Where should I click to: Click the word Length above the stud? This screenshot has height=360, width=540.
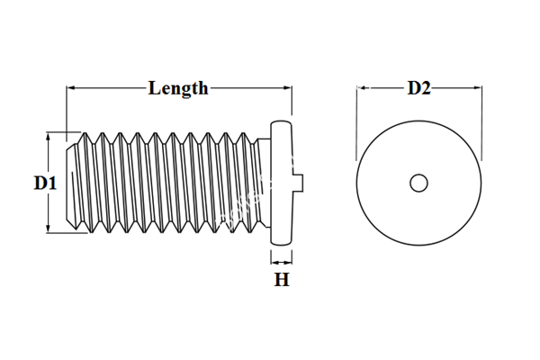178,87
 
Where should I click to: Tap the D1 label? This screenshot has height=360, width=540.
46,183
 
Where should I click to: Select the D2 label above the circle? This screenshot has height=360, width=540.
419,87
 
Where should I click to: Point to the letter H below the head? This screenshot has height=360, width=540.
282,280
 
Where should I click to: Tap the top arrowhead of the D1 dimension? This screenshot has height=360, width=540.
46,137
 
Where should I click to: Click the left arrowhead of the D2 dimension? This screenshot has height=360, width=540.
362,88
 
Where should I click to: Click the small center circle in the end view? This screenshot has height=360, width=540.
418,183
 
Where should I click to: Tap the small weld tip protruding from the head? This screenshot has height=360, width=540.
301,183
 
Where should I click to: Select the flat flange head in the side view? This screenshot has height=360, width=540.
282,183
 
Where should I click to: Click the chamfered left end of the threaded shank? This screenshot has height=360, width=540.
73,183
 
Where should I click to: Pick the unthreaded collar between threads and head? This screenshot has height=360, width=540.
264,183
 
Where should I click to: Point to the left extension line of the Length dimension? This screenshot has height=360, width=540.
66,108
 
